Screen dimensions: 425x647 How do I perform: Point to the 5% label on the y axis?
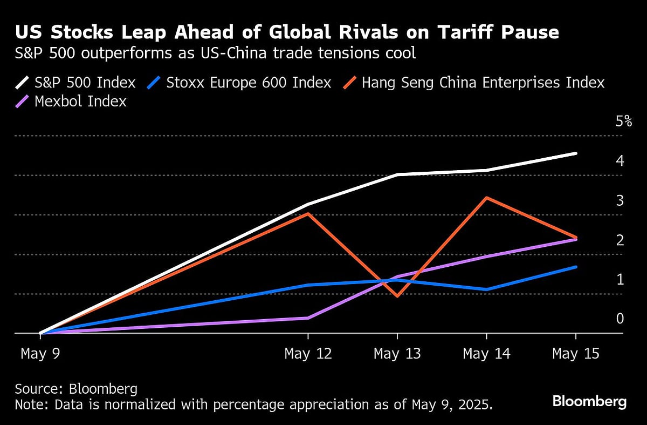click(623, 121)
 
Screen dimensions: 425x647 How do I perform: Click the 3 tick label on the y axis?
click(620, 200)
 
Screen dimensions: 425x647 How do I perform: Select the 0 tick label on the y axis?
click(620, 319)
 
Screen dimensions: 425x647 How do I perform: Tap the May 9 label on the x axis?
click(40, 354)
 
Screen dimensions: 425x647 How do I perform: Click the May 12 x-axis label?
click(308, 354)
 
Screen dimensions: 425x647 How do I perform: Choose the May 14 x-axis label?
click(486, 354)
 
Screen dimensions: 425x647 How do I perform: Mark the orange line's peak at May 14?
click(486, 198)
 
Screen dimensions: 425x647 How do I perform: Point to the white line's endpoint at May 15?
click(576, 153)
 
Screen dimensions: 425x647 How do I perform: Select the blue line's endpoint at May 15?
click(576, 267)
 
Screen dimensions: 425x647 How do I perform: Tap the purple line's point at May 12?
click(308, 318)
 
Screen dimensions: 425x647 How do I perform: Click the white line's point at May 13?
click(397, 174)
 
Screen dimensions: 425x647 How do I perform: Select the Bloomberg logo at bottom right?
click(589, 402)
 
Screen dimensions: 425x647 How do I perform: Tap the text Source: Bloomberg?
click(76, 389)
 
